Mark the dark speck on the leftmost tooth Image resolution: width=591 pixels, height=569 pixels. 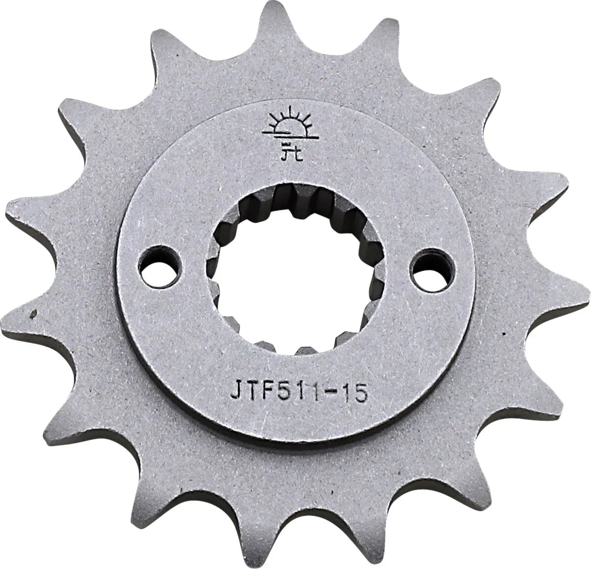[x=33, y=311]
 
